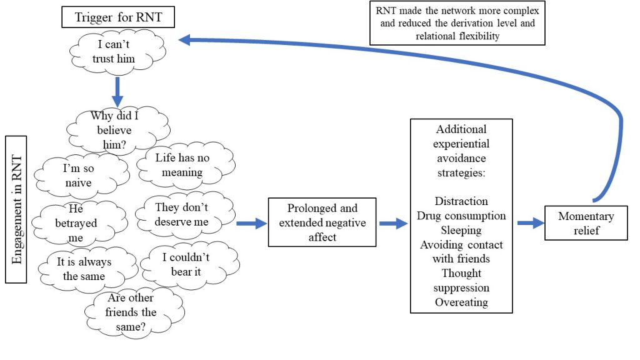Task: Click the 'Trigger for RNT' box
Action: (119, 17)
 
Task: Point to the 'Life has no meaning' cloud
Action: (182, 164)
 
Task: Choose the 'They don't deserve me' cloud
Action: (182, 214)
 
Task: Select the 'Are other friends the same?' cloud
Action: (132, 312)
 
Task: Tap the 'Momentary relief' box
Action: (586, 224)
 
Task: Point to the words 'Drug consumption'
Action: (461, 216)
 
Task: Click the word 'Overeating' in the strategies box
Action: (461, 302)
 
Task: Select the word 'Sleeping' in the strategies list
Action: (461, 230)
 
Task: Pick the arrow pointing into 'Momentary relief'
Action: (530, 223)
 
